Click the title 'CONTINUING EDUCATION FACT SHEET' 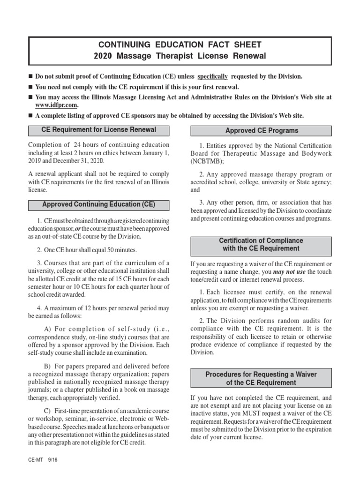[x=180, y=45]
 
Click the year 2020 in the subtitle [x=103, y=56]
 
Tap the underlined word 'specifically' [x=212, y=76]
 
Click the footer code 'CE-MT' [x=35, y=461]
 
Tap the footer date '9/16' [x=52, y=461]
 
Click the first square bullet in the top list [x=31, y=76]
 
